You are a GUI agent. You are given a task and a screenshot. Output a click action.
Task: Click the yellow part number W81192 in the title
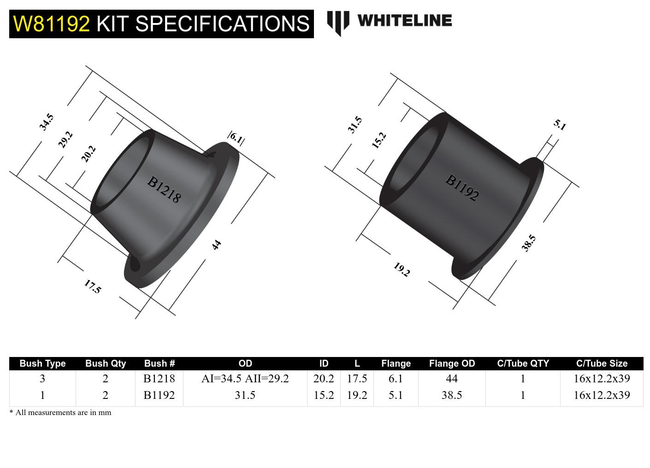pyautogui.click(x=51, y=24)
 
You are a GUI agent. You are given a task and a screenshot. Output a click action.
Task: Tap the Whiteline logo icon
pyautogui.click(x=337, y=23)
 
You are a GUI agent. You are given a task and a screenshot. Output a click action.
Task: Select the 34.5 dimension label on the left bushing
pyautogui.click(x=46, y=122)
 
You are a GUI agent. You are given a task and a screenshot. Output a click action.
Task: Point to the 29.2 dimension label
pyautogui.click(x=65, y=139)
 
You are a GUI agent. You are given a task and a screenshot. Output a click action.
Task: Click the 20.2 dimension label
pyautogui.click(x=88, y=154)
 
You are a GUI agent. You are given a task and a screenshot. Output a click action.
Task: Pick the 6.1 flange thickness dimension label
pyautogui.click(x=236, y=138)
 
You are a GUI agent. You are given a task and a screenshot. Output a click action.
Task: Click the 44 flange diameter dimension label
pyautogui.click(x=216, y=245)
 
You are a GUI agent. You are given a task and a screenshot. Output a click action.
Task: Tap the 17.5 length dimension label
pyautogui.click(x=92, y=287)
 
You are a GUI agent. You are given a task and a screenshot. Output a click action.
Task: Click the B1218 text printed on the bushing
pyautogui.click(x=164, y=189)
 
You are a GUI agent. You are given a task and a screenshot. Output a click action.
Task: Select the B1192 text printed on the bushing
pyautogui.click(x=461, y=187)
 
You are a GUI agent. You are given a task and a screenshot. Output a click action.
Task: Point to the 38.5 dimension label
pyautogui.click(x=528, y=243)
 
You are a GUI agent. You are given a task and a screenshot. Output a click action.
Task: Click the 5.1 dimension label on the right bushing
pyautogui.click(x=559, y=125)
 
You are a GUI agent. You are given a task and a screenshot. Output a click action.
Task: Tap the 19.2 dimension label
pyautogui.click(x=401, y=269)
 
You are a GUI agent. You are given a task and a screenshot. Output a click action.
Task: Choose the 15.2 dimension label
pyautogui.click(x=378, y=140)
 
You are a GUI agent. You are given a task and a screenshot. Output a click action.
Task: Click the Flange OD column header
pyautogui.click(x=451, y=363)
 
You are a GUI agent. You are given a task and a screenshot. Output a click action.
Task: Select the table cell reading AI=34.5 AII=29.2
pyautogui.click(x=245, y=379)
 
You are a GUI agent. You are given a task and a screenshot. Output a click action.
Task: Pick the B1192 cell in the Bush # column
pyautogui.click(x=159, y=395)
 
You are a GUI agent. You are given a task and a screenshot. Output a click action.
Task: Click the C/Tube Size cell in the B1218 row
pyautogui.click(x=601, y=379)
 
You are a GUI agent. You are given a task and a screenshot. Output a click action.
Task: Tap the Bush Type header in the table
pyautogui.click(x=42, y=363)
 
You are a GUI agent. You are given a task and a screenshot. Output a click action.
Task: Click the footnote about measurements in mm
pyautogui.click(x=60, y=412)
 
